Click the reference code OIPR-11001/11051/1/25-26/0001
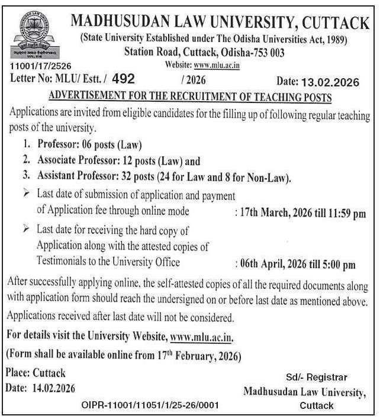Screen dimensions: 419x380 click(x=150, y=405)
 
